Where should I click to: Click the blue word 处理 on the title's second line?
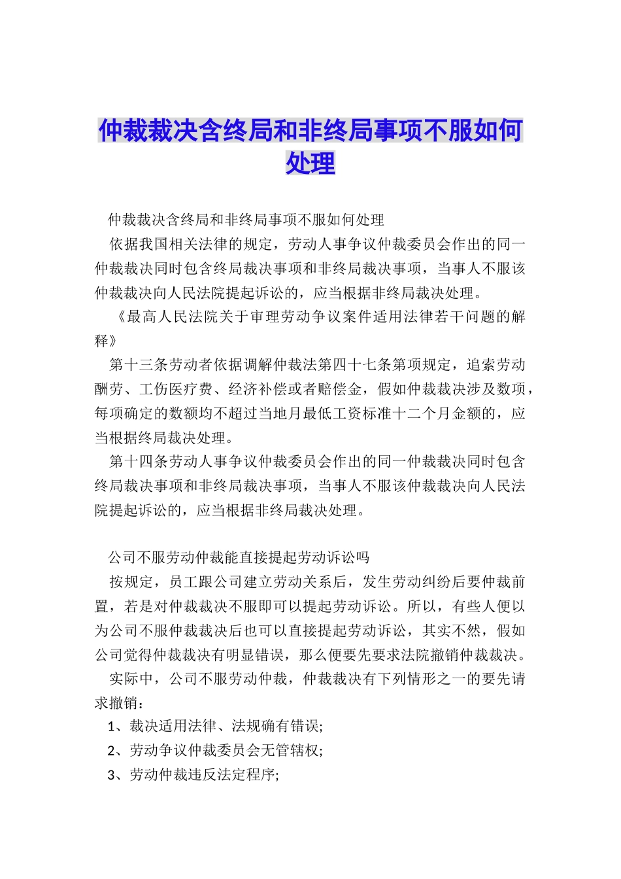[310, 163]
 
